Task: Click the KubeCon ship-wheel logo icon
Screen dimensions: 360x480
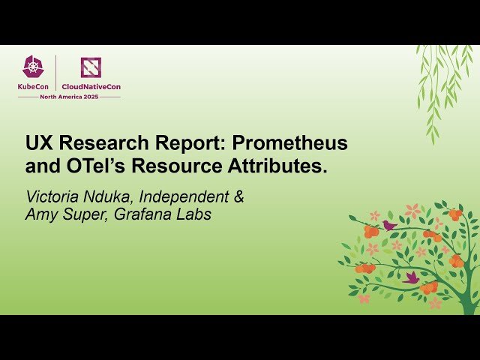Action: [x=33, y=67]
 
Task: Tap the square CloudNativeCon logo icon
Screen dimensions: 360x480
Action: [x=91, y=67]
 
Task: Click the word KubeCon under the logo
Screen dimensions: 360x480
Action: [x=33, y=86]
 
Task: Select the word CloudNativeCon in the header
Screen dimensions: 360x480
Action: [x=91, y=86]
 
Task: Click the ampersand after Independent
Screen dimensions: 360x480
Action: [x=239, y=197]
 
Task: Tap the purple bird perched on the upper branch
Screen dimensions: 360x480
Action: [x=388, y=224]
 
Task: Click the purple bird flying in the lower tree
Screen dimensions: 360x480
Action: [x=410, y=277]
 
